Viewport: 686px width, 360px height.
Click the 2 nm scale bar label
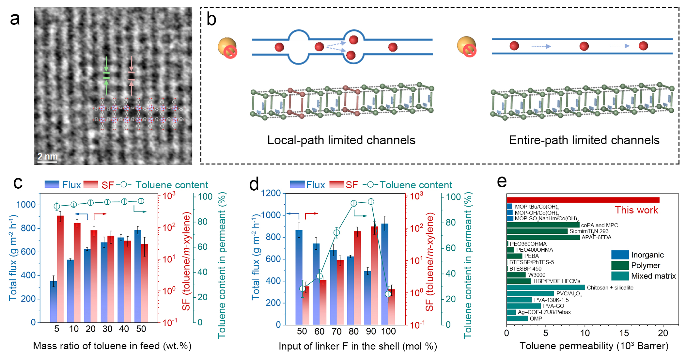pos(47,156)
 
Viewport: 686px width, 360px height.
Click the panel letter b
pos(211,19)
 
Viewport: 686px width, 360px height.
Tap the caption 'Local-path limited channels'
pos(341,140)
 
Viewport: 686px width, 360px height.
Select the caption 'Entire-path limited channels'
pos(584,140)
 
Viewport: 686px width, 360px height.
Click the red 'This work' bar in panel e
pos(583,200)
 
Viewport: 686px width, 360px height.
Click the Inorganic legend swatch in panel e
pos(620,255)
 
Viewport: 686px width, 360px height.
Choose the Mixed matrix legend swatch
pos(620,276)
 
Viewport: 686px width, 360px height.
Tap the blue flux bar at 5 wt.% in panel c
pos(54,302)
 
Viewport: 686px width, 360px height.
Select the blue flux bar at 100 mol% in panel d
pos(385,274)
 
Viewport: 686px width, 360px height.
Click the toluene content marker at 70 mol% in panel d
pos(336,233)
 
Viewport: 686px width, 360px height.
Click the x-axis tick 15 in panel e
pos(624,333)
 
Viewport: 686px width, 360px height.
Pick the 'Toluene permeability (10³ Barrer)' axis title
pos(594,346)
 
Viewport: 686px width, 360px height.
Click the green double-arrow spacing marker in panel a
pos(106,76)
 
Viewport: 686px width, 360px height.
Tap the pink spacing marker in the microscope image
pos(131,76)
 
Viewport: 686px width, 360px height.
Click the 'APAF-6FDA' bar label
pos(596,237)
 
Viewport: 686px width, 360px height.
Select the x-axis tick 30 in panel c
pos(107,329)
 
